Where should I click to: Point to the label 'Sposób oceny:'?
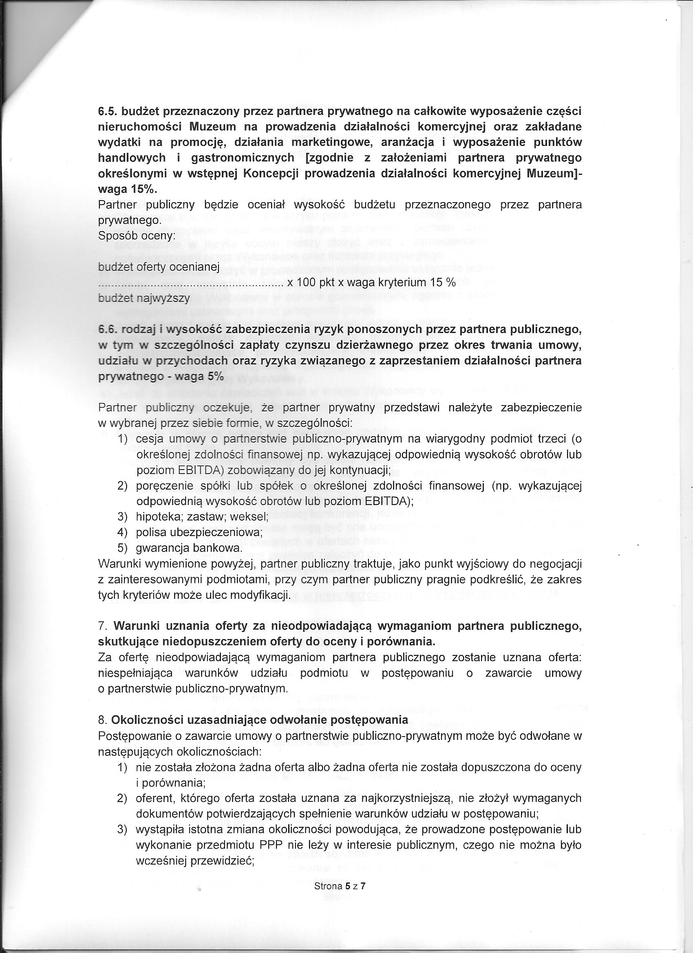[137, 236]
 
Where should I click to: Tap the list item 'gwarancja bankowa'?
[189, 548]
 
